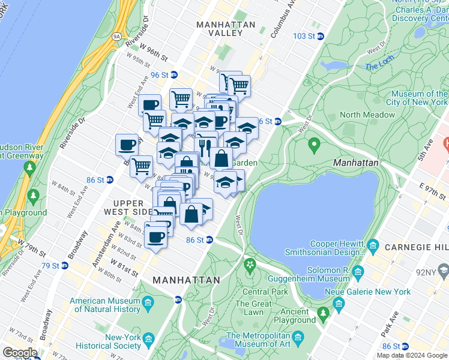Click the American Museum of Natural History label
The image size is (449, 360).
click(106, 305)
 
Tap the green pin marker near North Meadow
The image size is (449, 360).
click(313, 145)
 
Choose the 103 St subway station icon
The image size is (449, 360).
click(320, 36)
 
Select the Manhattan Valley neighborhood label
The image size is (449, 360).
click(226, 29)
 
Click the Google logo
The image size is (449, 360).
click(20, 352)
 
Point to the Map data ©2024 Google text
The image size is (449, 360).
click(412, 355)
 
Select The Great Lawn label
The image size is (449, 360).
click(253, 308)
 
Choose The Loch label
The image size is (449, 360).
click(379, 67)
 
